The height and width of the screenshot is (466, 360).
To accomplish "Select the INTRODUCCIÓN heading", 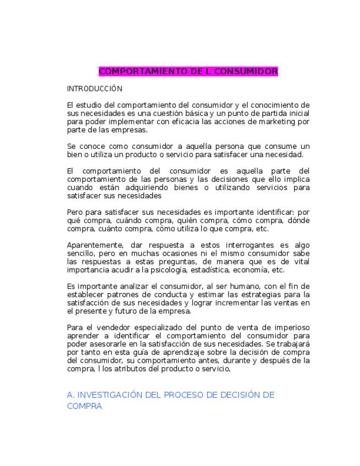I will pos(95,88).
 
